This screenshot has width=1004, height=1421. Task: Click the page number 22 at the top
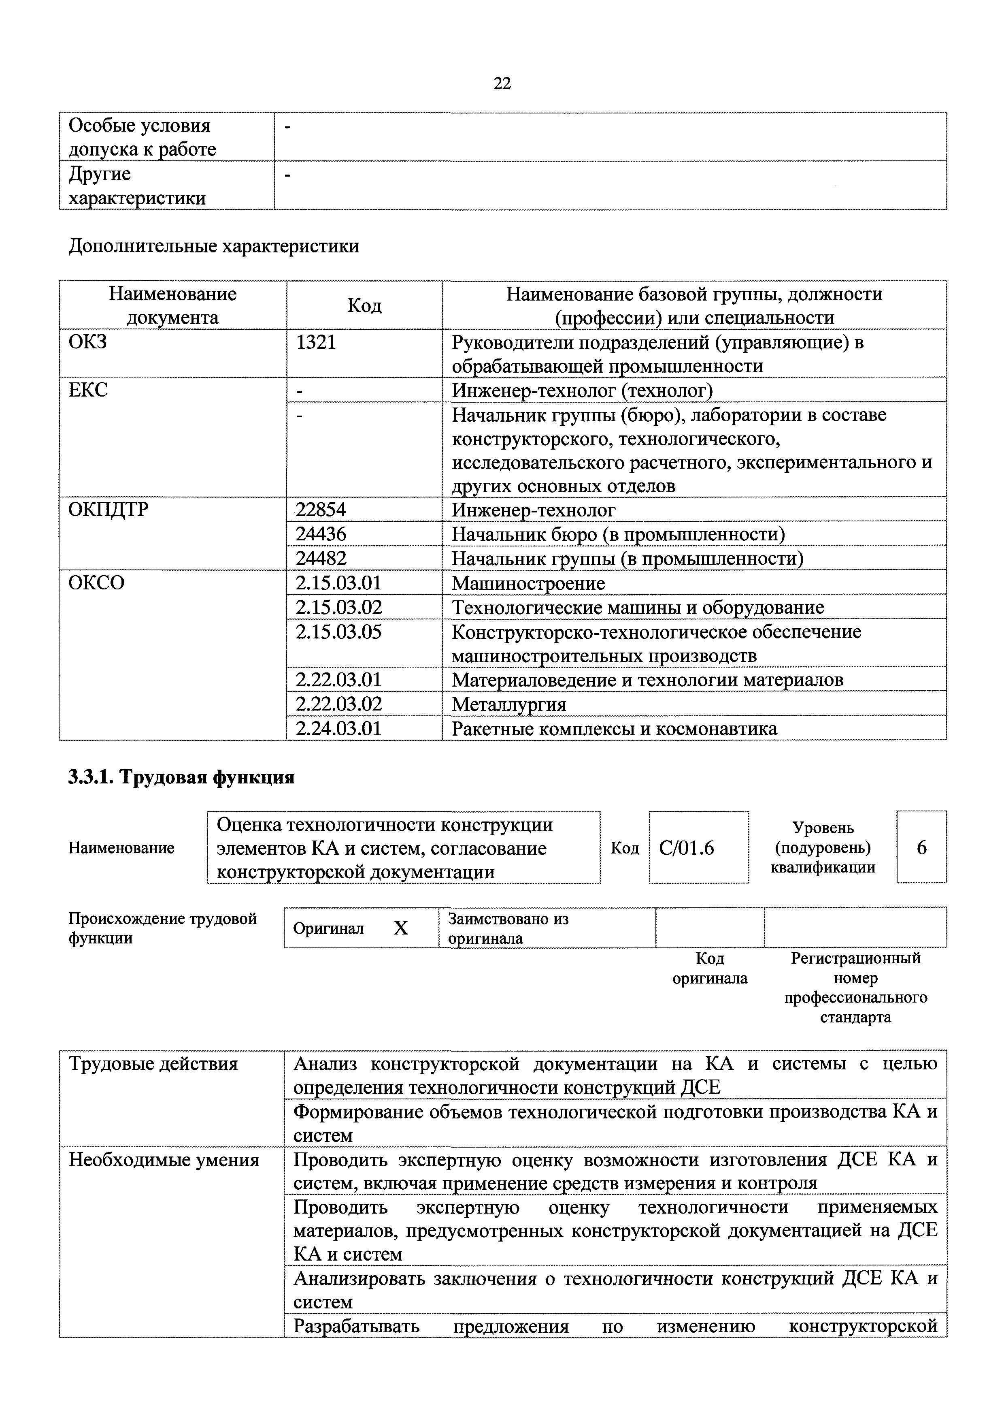(x=502, y=83)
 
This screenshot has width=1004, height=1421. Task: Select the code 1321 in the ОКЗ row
(x=316, y=341)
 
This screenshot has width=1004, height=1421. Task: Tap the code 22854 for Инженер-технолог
(x=321, y=510)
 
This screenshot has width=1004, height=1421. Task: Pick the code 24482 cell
(x=321, y=558)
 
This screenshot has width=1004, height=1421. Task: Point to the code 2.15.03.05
(x=338, y=632)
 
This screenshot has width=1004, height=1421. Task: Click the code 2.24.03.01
(x=338, y=728)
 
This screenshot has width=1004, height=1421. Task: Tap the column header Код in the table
(x=364, y=305)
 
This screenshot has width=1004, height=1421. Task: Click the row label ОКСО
(x=96, y=583)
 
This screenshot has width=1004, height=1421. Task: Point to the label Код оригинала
(x=710, y=969)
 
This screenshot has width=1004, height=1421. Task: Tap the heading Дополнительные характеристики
(x=213, y=246)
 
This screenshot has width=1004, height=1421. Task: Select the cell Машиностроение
(x=528, y=583)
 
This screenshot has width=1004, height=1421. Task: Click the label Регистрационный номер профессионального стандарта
(x=855, y=988)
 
